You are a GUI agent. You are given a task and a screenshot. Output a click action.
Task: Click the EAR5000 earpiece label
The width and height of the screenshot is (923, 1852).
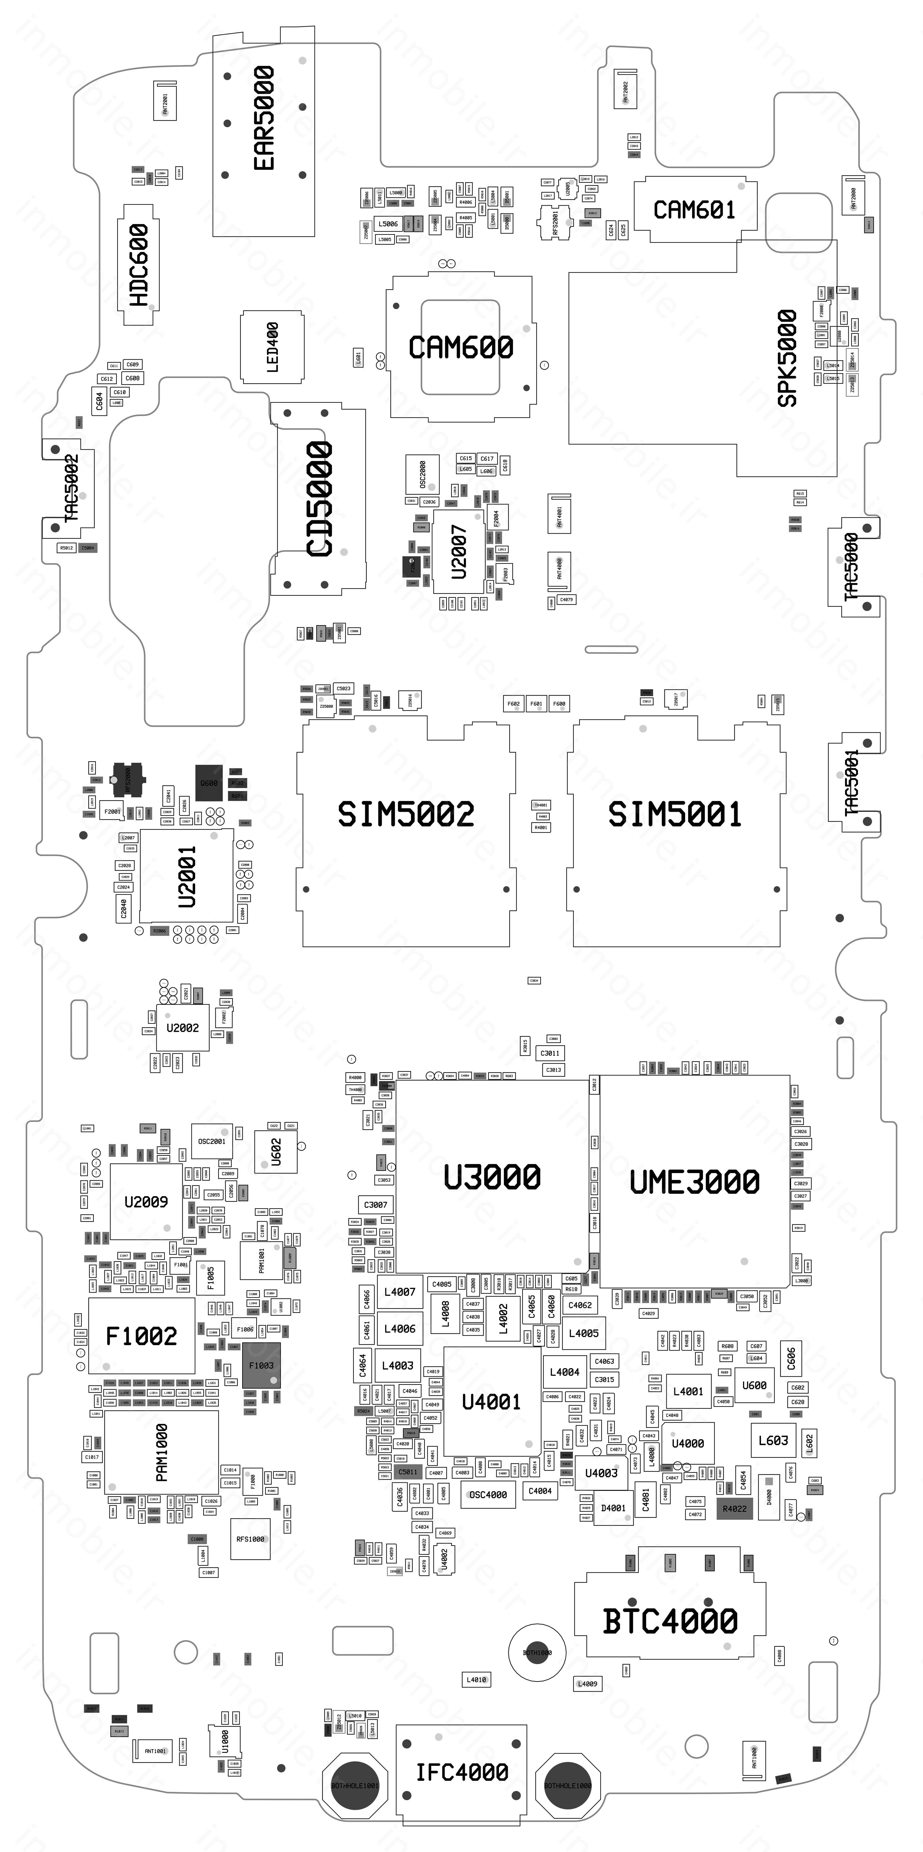264,119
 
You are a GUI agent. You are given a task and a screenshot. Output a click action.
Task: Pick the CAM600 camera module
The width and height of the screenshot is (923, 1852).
461,348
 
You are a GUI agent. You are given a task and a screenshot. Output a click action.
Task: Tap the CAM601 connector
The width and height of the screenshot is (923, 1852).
694,210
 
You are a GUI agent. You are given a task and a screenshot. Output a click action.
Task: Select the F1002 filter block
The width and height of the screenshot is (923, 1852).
142,1336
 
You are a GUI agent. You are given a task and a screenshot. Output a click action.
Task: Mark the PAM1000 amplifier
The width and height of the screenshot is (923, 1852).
162,1452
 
